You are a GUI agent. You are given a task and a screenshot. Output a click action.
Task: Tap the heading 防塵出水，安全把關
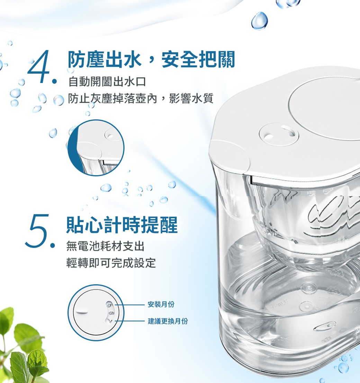(151, 60)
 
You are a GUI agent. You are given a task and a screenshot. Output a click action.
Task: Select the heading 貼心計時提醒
(122, 225)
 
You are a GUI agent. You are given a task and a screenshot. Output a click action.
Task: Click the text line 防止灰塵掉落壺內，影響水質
(141, 98)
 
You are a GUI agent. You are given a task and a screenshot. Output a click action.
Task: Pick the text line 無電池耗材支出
(105, 246)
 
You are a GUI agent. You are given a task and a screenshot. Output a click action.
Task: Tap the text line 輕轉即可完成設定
(111, 263)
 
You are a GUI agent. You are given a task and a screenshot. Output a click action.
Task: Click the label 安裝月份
(161, 304)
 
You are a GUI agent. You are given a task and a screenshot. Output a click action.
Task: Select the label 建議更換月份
(168, 321)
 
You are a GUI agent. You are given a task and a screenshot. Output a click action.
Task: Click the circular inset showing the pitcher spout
(96, 147)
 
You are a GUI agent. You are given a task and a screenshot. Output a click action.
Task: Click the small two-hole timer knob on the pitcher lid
(279, 134)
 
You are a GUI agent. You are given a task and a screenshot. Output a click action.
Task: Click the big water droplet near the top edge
(260, 21)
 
